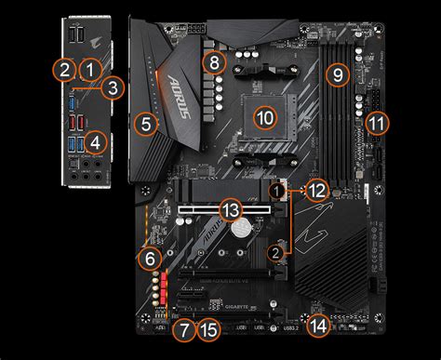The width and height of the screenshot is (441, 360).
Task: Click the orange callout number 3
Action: pyautogui.click(x=113, y=88)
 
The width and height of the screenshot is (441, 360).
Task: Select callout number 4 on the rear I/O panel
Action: pyautogui.click(x=93, y=142)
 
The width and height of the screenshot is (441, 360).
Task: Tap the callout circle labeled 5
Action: pyautogui.click(x=144, y=121)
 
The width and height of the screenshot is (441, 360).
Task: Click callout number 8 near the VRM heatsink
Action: pyautogui.click(x=215, y=63)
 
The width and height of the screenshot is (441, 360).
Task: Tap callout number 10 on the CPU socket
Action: pyautogui.click(x=265, y=118)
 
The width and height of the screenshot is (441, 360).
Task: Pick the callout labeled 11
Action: pyautogui.click(x=376, y=122)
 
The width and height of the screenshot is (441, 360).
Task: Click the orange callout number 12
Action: pyautogui.click(x=317, y=190)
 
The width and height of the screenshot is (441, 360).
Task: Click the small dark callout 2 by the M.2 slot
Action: pyautogui.click(x=275, y=251)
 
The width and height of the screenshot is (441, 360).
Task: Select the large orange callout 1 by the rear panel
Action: pyautogui.click(x=89, y=68)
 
